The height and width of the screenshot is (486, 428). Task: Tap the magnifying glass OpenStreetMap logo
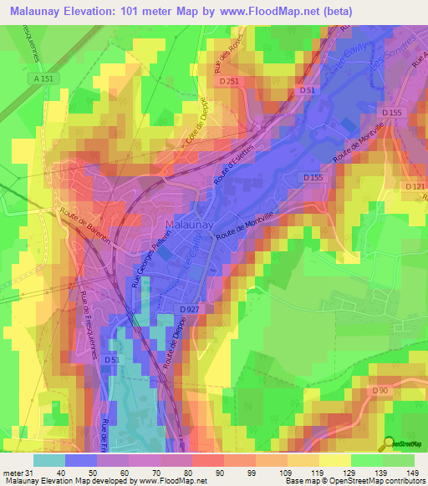point(389,444)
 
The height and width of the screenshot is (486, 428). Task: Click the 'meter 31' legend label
point(17,473)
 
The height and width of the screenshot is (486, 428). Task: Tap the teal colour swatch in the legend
point(48,460)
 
